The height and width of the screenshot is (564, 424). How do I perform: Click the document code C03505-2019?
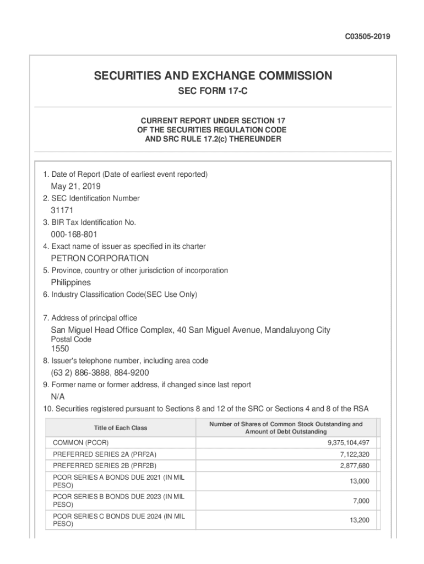367,37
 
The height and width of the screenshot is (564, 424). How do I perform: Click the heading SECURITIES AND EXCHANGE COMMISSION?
213,76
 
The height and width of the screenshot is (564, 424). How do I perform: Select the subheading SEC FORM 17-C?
212,91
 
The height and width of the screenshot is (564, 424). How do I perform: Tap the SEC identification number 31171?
62,210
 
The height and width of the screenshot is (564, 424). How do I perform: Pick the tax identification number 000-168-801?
74,235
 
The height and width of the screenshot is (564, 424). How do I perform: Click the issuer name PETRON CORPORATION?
100,258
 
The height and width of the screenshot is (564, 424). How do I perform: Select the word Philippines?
71,283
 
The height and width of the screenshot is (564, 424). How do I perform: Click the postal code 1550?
60,349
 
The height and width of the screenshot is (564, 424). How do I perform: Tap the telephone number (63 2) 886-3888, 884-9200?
100,373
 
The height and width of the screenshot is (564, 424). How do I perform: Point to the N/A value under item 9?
58,397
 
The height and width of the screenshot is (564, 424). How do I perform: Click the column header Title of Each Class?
121,428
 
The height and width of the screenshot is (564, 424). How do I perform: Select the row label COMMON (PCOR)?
80,443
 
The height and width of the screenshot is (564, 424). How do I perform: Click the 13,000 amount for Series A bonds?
359,481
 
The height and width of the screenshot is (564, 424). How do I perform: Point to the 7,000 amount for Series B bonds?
361,501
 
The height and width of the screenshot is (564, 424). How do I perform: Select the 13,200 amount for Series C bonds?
359,520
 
